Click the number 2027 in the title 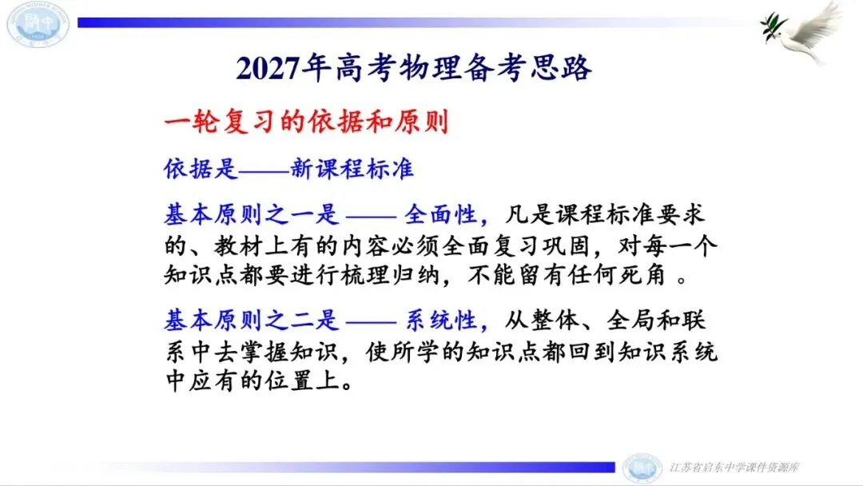pos(268,68)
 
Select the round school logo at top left pos(38,24)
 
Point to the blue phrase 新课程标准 pos(352,169)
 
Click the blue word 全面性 pos(440,215)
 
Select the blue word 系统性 pos(440,320)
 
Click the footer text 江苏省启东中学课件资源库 pos(734,468)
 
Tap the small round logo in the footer pos(642,468)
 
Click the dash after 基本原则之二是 pos(371,321)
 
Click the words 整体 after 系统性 pos(555,320)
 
